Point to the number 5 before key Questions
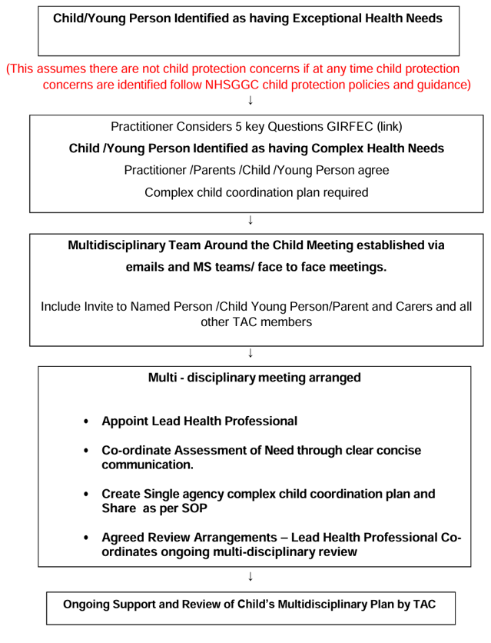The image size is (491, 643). [x=247, y=126]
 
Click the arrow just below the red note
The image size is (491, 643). [x=250, y=100]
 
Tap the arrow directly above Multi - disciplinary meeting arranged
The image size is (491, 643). [x=250, y=353]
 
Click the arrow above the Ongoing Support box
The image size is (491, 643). [x=250, y=576]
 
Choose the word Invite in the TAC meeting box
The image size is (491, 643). [x=103, y=306]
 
